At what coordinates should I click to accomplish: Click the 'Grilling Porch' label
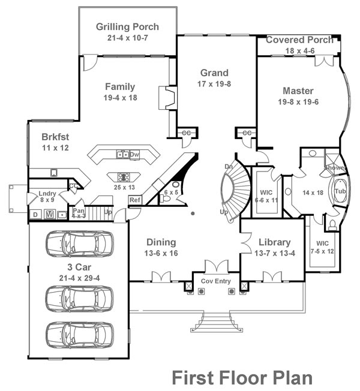[x=128, y=27]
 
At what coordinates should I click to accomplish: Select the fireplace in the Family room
[x=165, y=98]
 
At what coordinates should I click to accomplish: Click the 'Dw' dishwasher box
[x=134, y=154]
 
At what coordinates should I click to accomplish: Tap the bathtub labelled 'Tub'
[x=340, y=191]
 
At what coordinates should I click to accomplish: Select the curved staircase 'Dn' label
[x=229, y=166]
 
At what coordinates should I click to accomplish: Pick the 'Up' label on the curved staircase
[x=224, y=212]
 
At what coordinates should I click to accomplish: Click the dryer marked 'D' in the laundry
[x=36, y=214]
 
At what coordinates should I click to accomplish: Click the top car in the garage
[x=79, y=243]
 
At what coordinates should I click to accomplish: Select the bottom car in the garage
[x=79, y=335]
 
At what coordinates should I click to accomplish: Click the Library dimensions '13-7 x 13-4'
[x=274, y=254]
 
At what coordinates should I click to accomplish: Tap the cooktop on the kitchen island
[x=125, y=177]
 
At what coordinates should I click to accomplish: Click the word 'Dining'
[x=161, y=242]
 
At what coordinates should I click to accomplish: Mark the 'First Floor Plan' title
[x=242, y=378]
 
